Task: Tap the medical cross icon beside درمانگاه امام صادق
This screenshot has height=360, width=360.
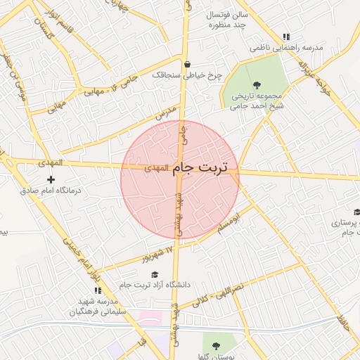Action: pos(50,180)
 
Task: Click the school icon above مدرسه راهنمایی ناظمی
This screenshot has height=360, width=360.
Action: pos(285,37)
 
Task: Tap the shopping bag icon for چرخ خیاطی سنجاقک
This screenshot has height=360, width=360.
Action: pos(187,65)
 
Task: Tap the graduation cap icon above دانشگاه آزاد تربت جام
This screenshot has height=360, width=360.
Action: pos(155,274)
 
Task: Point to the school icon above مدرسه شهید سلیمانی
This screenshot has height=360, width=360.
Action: pos(98,290)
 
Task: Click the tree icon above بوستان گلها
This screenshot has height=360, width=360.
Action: pos(216,346)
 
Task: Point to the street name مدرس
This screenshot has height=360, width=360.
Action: pos(164,114)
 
